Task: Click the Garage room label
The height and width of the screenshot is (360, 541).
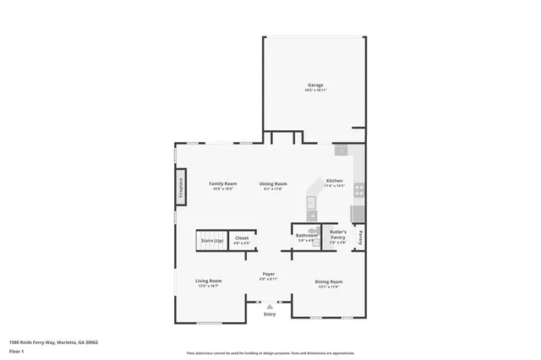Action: [314, 85]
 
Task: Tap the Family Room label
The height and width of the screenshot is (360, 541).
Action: [223, 183]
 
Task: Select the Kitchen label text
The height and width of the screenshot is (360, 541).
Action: [335, 181]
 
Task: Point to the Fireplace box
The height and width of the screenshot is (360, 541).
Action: [180, 187]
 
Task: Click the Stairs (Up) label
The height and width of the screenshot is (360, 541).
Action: [212, 240]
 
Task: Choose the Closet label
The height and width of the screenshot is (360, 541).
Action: [242, 238]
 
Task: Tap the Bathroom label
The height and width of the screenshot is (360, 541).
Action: [306, 236]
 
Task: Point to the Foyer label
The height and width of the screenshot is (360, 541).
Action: [269, 275]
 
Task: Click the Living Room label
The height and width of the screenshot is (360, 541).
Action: [208, 281]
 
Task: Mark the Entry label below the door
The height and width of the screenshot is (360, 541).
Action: [270, 314]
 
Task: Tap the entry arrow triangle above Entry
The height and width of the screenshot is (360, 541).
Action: [270, 305]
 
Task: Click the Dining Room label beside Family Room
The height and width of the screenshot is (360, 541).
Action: [273, 183]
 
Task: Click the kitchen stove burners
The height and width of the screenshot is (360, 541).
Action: [358, 190]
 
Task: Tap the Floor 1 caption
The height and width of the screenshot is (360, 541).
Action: [17, 350]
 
